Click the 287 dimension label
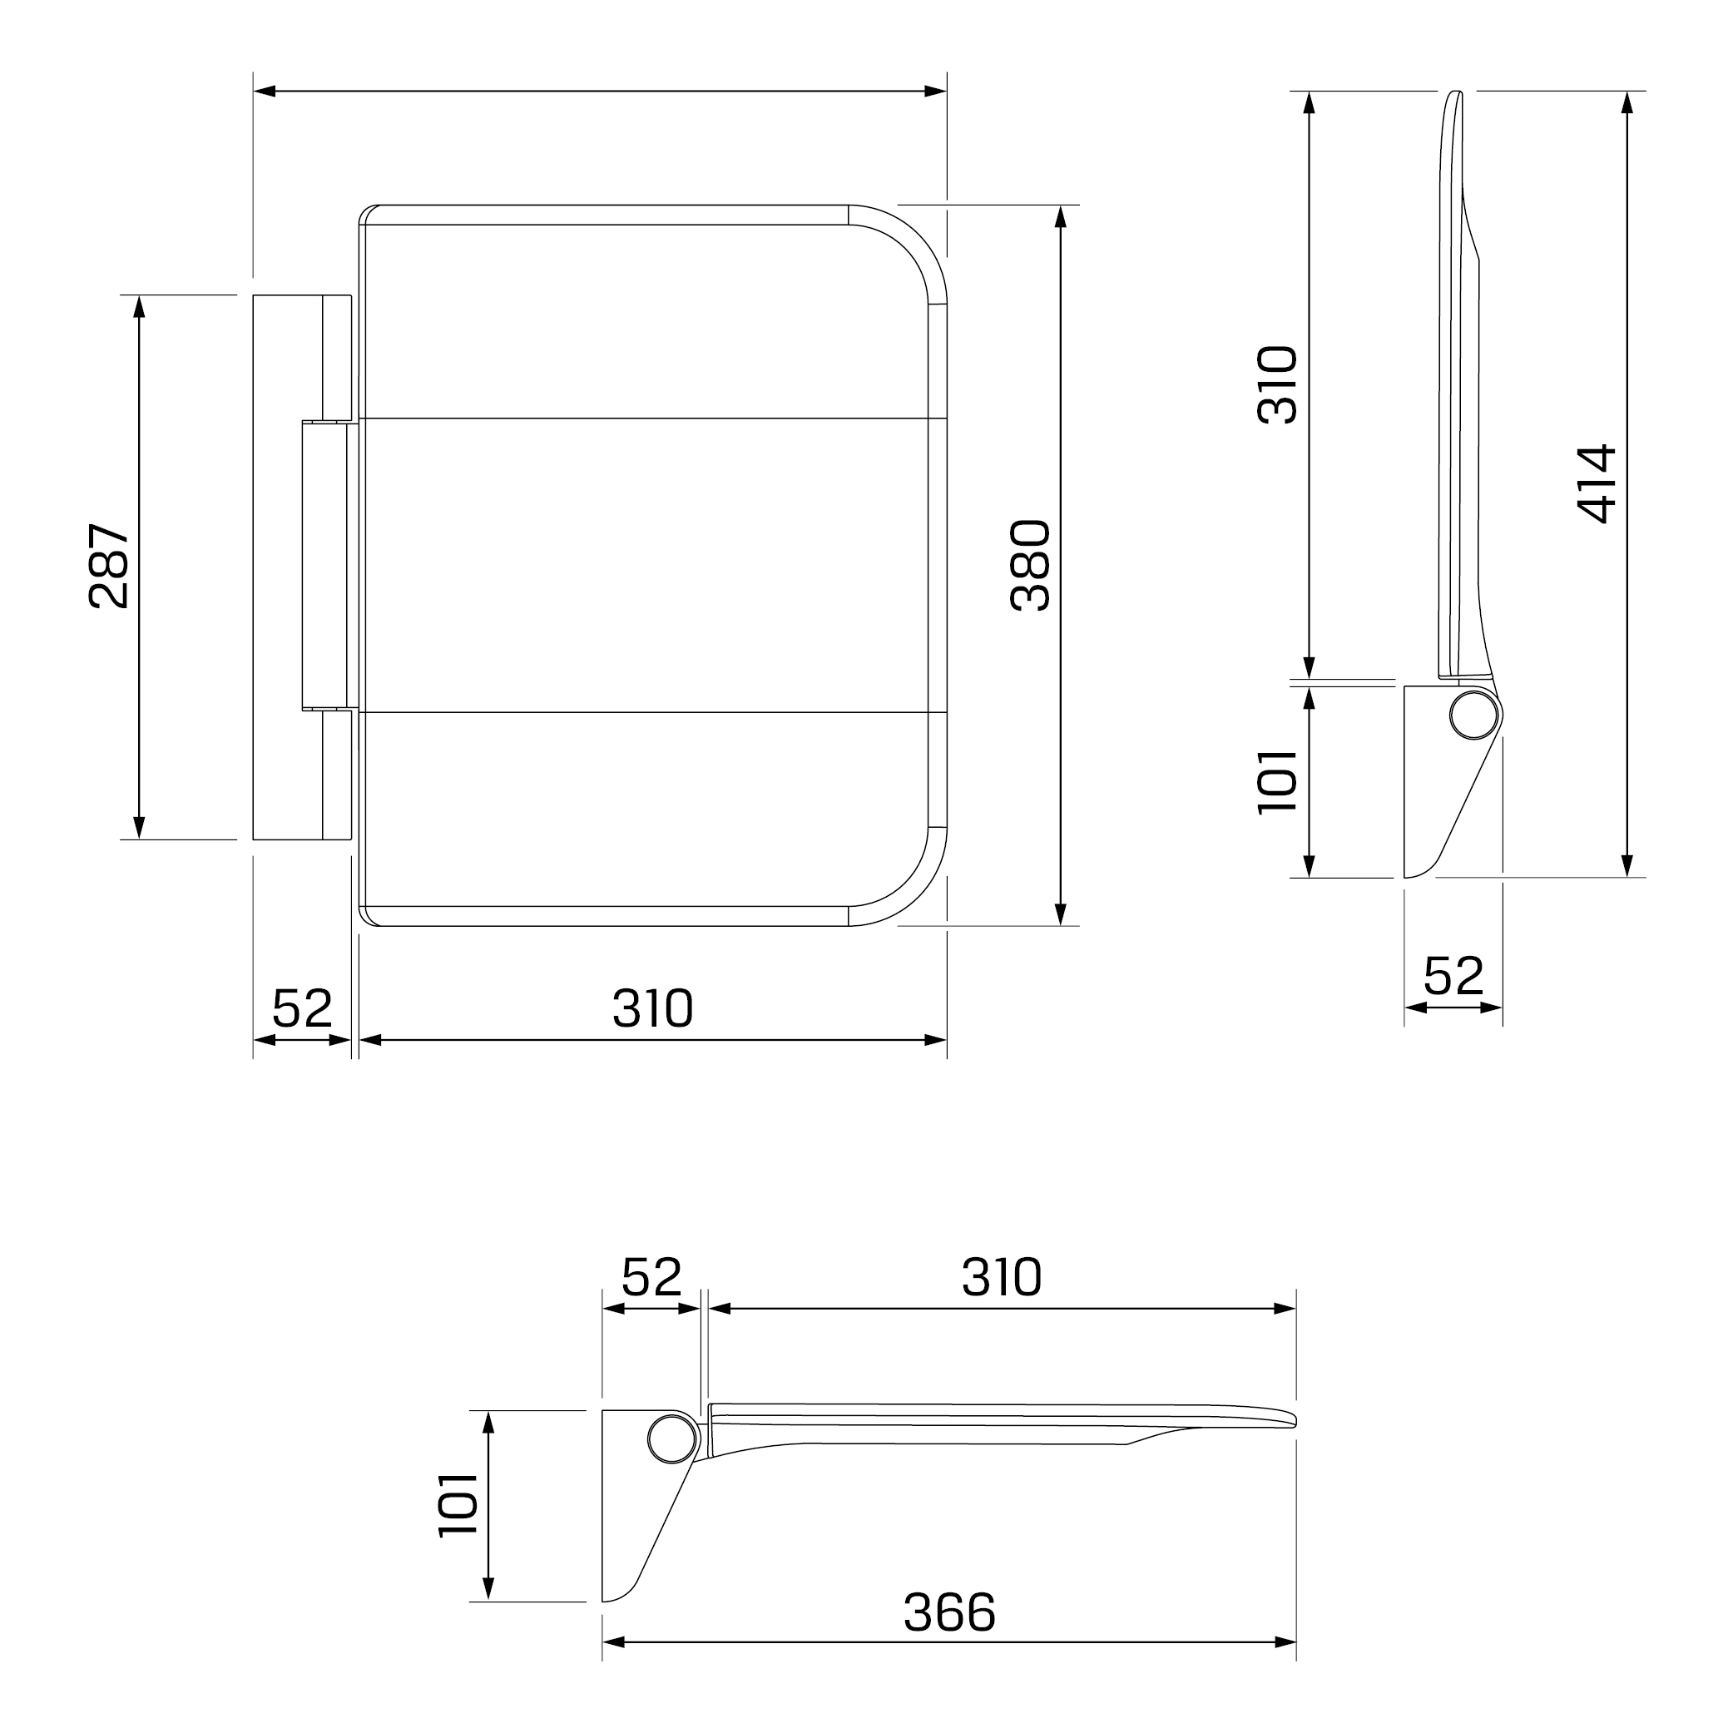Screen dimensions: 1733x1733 [x=111, y=567]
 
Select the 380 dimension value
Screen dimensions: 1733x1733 [x=1031, y=566]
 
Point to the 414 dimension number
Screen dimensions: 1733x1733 [x=1597, y=483]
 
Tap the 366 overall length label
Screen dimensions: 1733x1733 [x=949, y=1613]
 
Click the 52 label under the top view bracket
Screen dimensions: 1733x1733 [x=302, y=1008]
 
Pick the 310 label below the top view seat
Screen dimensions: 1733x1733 [x=652, y=1008]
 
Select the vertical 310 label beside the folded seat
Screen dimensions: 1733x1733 [x=1278, y=385]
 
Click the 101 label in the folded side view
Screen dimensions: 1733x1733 [x=1278, y=781]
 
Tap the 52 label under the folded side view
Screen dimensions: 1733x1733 [x=1454, y=976]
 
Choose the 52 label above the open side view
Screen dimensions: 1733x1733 [x=652, y=1276]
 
